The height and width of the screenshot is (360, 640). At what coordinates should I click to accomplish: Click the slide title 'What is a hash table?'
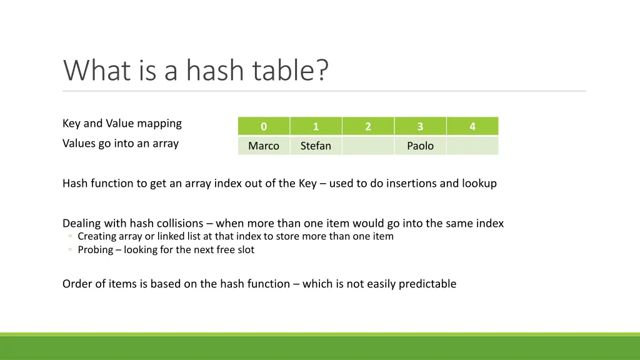pos(195,70)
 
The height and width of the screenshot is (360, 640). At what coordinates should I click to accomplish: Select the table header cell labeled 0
pos(264,126)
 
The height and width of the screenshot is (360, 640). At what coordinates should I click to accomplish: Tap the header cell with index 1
pos(316,126)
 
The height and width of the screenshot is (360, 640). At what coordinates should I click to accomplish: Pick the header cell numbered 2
pos(368,126)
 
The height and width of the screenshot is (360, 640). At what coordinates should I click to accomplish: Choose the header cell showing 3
pos(420,126)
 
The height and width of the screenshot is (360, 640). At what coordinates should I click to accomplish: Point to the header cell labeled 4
pos(472,126)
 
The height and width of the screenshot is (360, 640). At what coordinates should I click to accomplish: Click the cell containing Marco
pos(264,146)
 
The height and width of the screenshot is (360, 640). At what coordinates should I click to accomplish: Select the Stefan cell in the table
pos(316,146)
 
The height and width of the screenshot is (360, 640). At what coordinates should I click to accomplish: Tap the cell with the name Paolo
pos(420,146)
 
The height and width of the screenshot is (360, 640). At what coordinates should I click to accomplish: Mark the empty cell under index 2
pos(368,146)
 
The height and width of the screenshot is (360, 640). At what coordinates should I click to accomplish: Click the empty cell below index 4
pos(472,146)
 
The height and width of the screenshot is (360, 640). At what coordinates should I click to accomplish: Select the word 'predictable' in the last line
pos(427,284)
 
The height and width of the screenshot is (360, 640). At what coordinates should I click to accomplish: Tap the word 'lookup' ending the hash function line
pos(479,184)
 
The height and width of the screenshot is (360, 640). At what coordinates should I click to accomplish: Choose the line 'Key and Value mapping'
pos(122,124)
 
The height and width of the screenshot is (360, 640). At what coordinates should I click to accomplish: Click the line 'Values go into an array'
pos(121,144)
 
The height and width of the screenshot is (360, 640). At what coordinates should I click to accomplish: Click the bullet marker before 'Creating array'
pos(71,237)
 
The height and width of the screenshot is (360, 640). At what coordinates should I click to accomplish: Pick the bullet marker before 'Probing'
pos(71,250)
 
